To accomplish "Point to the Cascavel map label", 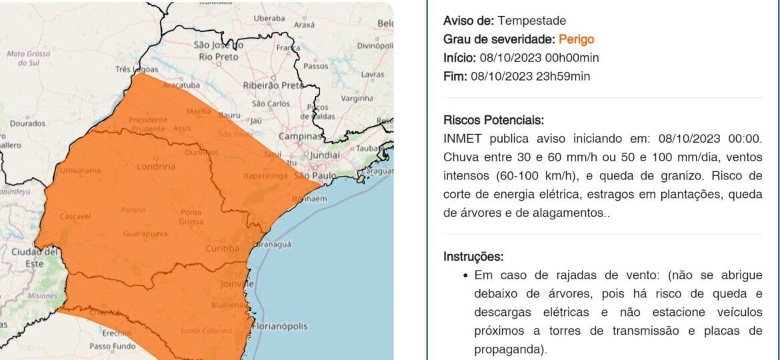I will [x=75, y=217].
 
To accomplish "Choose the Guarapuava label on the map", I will [x=145, y=234].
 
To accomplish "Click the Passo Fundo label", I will [x=112, y=346].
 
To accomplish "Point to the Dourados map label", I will [x=27, y=123].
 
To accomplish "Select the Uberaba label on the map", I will [x=269, y=19].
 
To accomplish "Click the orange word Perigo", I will [x=576, y=39].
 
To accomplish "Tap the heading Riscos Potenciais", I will [x=493, y=121].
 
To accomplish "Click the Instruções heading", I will [x=473, y=257].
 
